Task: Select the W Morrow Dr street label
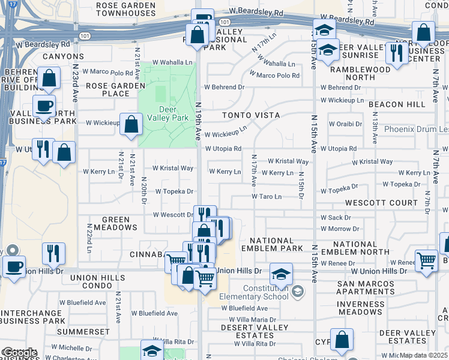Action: (340, 229)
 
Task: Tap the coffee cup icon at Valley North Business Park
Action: (44, 106)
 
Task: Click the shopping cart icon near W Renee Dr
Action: (426, 261)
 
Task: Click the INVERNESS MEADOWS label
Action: (360, 308)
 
